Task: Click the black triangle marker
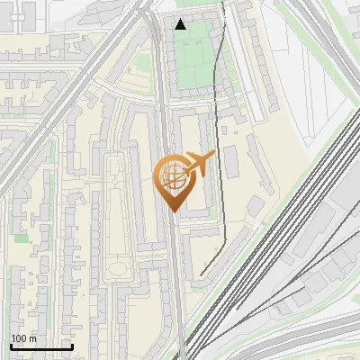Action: click(181, 24)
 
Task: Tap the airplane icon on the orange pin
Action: click(198, 164)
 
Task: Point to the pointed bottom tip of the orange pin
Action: click(173, 211)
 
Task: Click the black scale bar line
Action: click(41, 347)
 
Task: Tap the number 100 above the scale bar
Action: click(19, 338)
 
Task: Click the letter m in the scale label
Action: click(32, 338)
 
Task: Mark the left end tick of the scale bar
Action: click(11, 346)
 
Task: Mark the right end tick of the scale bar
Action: click(72, 346)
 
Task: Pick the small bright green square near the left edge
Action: click(21, 238)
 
